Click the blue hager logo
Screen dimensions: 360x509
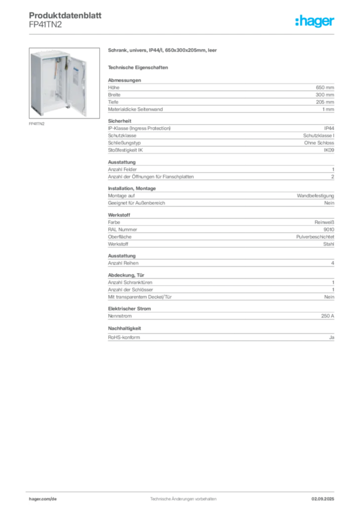click(315, 21)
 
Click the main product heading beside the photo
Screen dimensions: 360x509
click(162, 50)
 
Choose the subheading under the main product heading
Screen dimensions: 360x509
click(139, 67)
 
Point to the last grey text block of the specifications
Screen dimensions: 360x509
click(220, 337)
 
